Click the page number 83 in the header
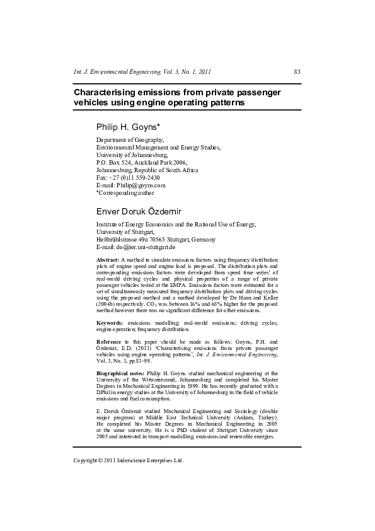[297, 72]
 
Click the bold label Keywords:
[110, 323]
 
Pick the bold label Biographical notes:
[120, 373]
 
